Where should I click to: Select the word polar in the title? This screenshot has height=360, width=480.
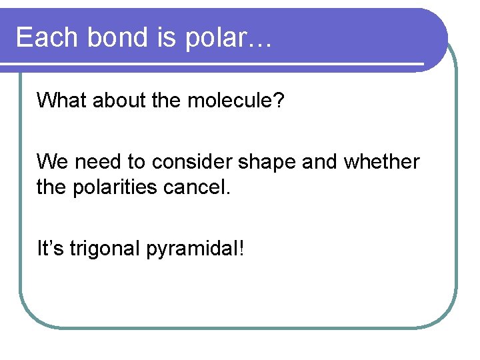pyautogui.click(x=221, y=39)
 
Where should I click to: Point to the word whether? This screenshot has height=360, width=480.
pyautogui.click(x=381, y=162)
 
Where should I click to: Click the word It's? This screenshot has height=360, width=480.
pyautogui.click(x=50, y=249)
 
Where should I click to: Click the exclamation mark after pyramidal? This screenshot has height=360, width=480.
pyautogui.click(x=241, y=249)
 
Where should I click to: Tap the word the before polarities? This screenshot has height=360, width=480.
pyautogui.click(x=51, y=187)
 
